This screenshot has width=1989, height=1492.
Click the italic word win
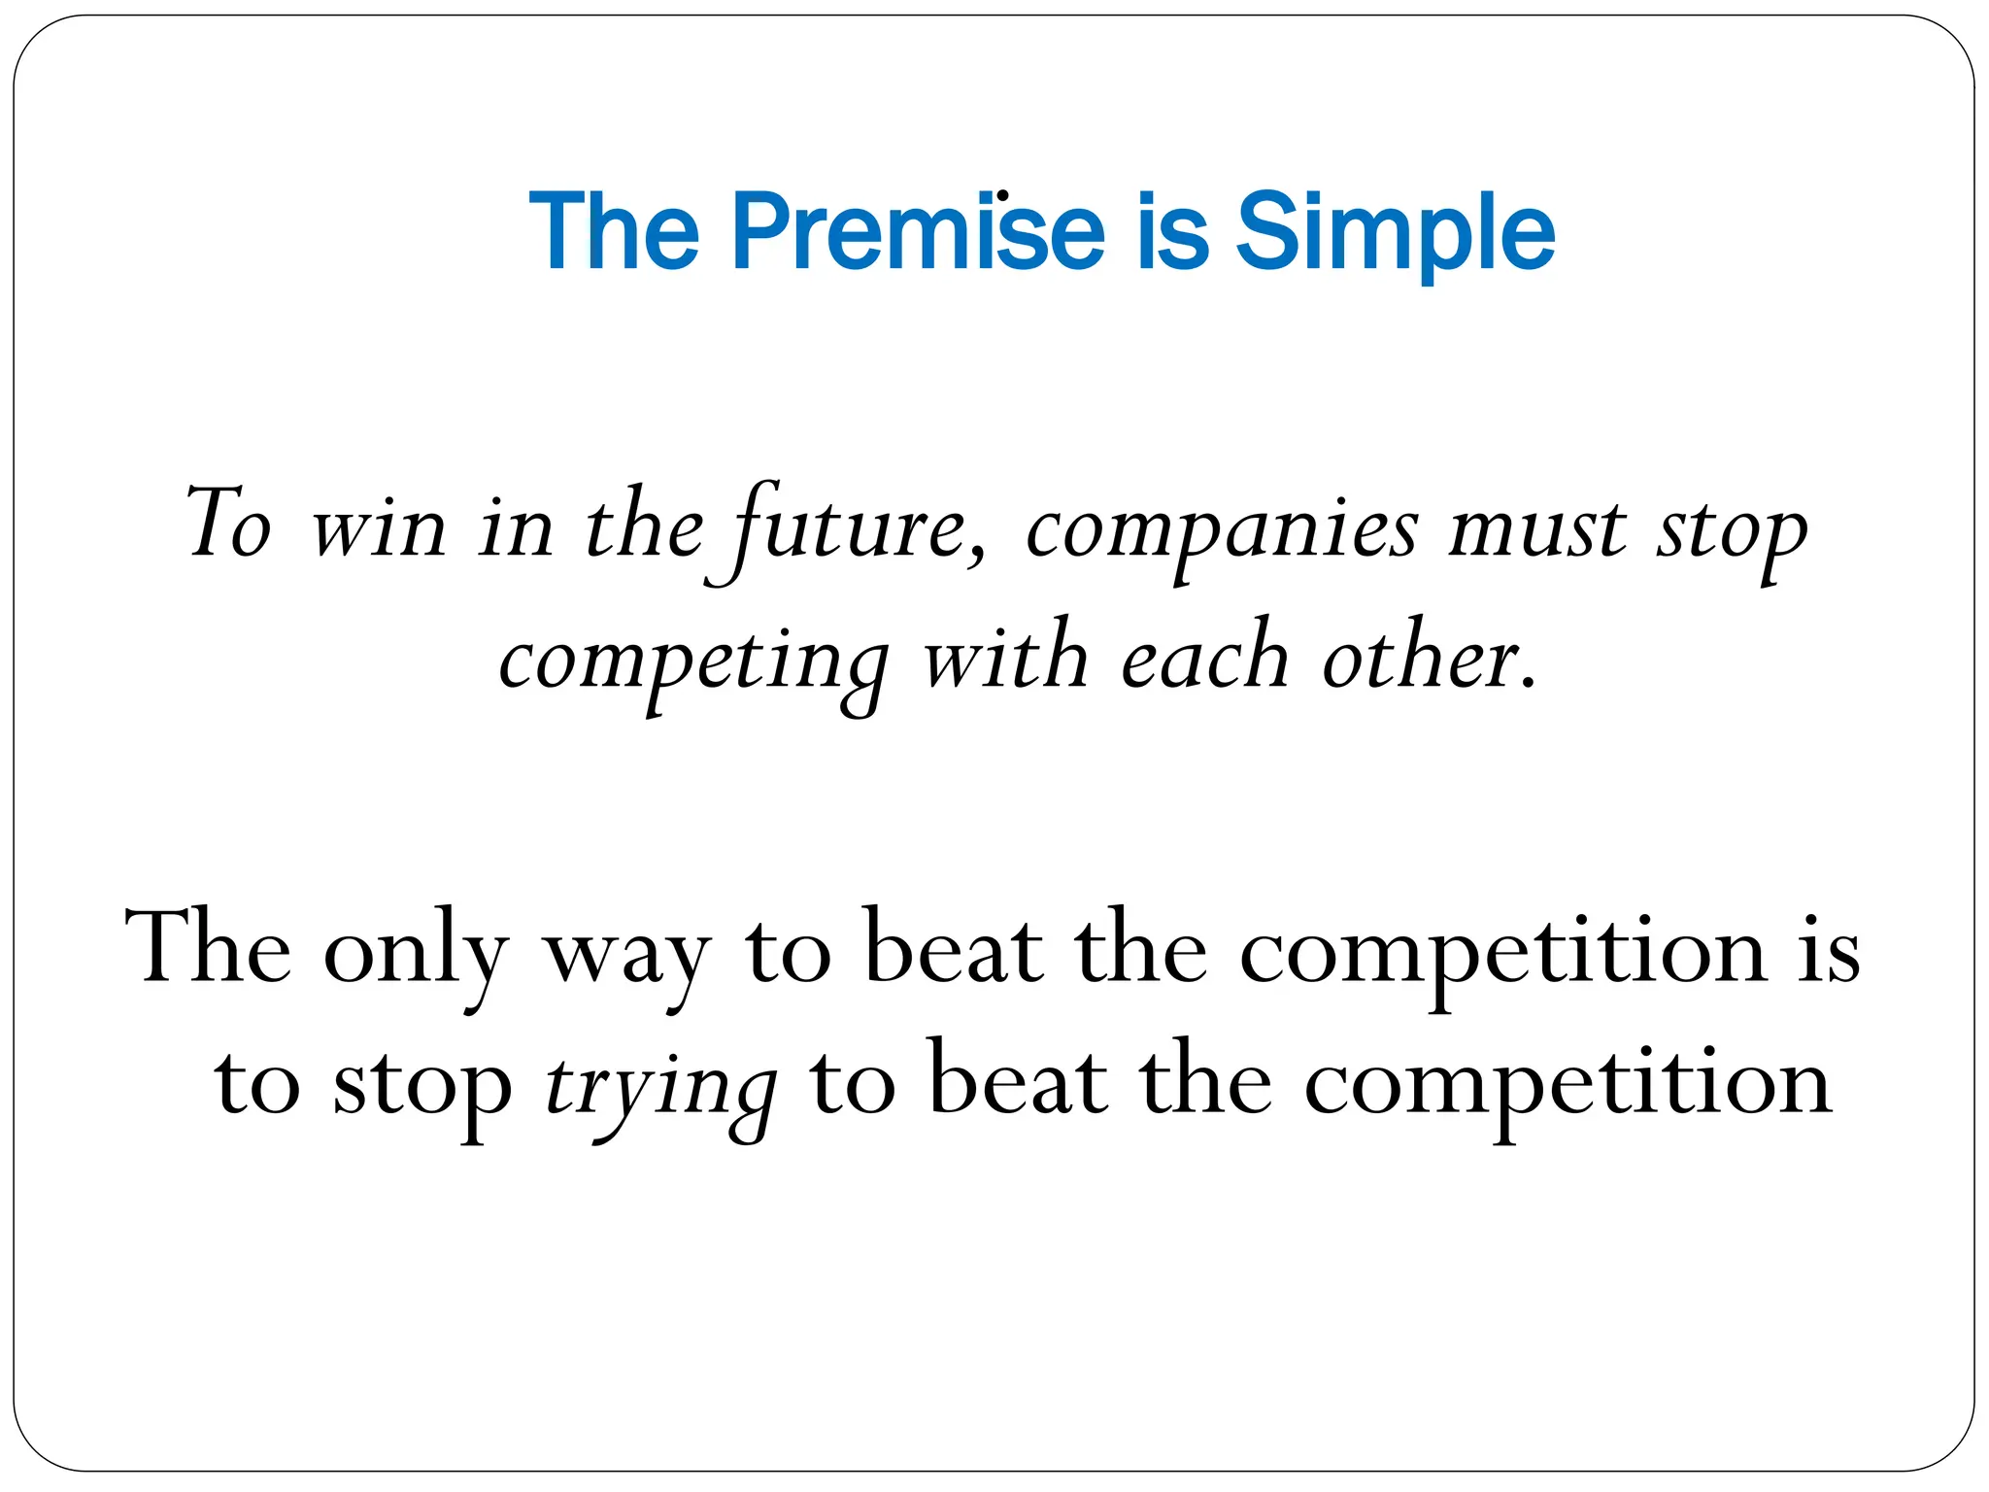pos(379,528)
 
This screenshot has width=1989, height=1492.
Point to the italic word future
pos(849,528)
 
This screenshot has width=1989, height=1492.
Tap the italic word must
pos(1536,528)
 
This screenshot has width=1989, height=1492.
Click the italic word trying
pos(660,1088)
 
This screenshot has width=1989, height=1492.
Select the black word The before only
pos(208,947)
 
